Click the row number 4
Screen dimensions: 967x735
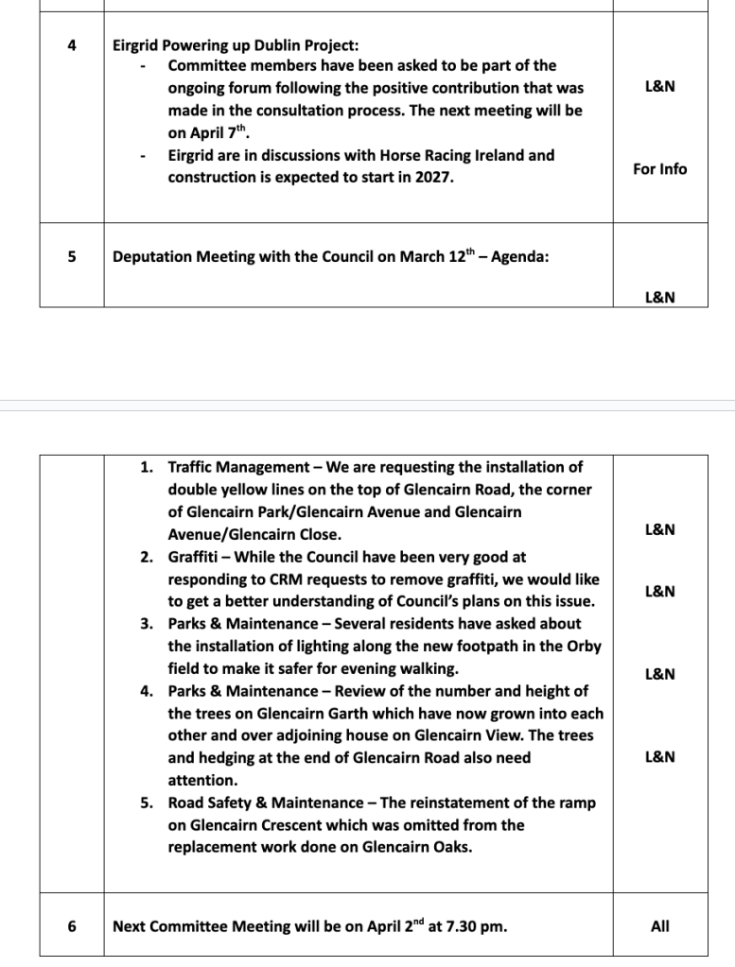(72, 43)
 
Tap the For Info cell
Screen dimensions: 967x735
(659, 169)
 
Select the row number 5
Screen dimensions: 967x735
(72, 256)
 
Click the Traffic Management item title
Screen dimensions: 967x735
(238, 467)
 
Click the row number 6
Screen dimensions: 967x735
(72, 926)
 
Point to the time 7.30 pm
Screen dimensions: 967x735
(469, 926)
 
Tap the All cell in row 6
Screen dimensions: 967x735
(659, 926)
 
